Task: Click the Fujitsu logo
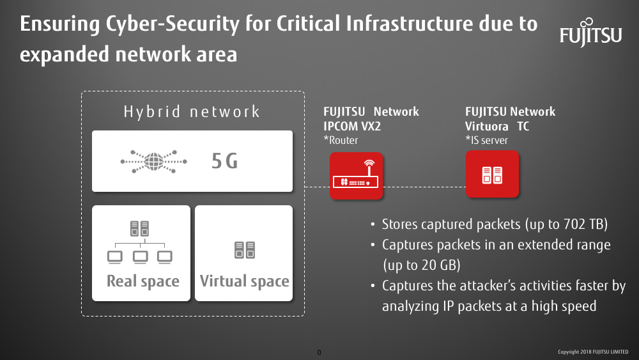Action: point(590,33)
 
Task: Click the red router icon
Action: point(356,176)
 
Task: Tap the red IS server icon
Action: point(492,174)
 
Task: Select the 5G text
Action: point(224,161)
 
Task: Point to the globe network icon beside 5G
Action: point(153,161)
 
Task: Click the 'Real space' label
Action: point(143,281)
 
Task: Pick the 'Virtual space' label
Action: point(245,281)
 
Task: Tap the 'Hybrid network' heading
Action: point(192,112)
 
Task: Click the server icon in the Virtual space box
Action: point(245,250)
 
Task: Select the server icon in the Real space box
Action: point(139,228)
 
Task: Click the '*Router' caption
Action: point(341,140)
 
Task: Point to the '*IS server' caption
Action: point(486,140)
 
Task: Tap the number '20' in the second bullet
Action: point(429,265)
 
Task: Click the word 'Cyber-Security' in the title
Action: point(173,24)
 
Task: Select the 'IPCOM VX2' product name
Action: point(352,127)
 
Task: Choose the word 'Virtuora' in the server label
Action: point(487,127)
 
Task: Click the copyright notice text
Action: point(593,352)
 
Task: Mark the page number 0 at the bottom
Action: point(319,352)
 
